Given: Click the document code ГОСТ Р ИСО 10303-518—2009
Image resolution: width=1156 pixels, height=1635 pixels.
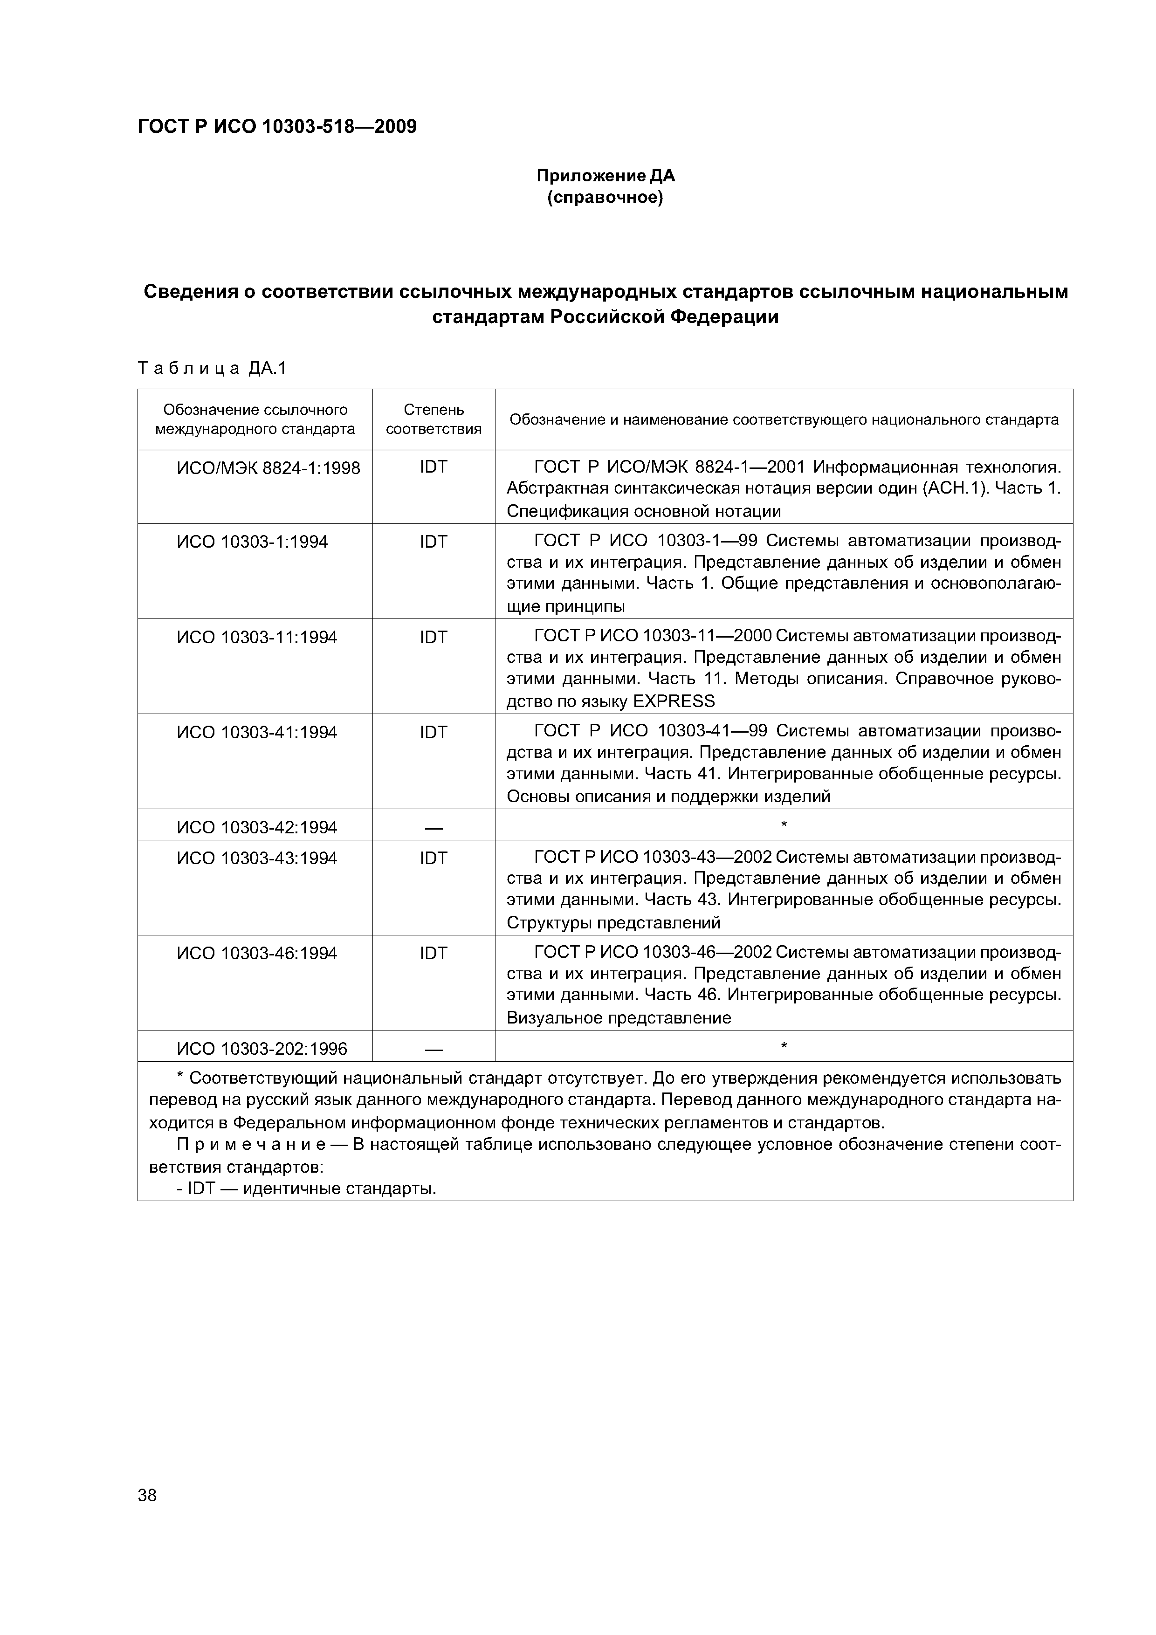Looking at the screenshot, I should click(x=276, y=127).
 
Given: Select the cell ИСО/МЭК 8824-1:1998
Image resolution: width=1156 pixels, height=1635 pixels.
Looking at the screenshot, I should click(x=268, y=468).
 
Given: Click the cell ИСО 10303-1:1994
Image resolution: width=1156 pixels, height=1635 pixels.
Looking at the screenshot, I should click(x=252, y=542).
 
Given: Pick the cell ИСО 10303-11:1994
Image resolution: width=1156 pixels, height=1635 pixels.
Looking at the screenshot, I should click(x=256, y=637).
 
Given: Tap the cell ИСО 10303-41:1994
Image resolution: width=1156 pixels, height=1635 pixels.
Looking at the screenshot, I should click(x=256, y=732).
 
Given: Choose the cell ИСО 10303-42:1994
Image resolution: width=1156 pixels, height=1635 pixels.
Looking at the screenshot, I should click(x=256, y=827).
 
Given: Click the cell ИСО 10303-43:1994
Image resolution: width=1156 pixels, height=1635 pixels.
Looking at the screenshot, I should click(x=256, y=858).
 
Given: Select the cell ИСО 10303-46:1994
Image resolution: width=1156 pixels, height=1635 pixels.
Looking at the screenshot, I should click(x=256, y=953).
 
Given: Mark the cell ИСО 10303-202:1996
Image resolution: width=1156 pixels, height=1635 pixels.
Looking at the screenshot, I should click(x=261, y=1048).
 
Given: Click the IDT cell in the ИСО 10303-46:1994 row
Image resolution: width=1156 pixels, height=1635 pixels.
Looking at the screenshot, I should click(x=433, y=953).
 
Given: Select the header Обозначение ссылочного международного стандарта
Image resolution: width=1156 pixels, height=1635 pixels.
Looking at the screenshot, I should click(x=255, y=419).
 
